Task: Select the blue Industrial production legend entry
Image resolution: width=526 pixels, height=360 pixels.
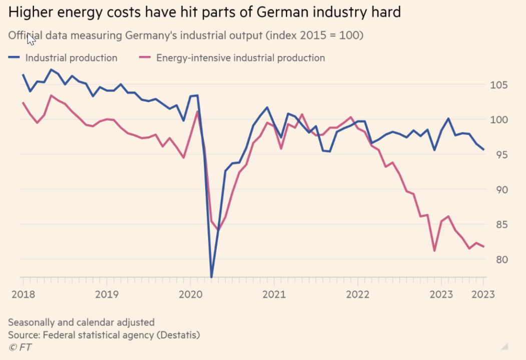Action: pyautogui.click(x=63, y=58)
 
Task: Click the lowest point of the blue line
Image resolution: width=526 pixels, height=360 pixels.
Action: pyautogui.click(x=211, y=276)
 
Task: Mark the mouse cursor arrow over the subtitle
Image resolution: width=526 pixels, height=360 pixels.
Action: pyautogui.click(x=30, y=38)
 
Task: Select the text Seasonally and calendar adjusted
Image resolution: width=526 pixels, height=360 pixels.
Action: pyautogui.click(x=81, y=322)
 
